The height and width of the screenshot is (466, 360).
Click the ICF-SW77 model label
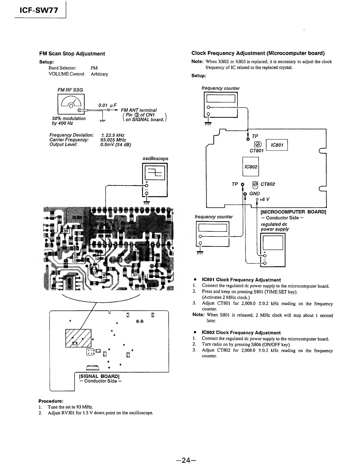pos(39,11)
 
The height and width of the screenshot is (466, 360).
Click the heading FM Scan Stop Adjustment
pos(72,54)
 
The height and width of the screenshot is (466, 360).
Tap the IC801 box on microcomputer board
pos(277,145)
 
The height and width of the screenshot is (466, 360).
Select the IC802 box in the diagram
pos(251,167)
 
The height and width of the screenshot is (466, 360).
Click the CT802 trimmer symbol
pos(255,185)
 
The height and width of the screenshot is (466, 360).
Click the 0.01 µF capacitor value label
pos(108,105)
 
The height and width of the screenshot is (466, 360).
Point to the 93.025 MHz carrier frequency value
pos(113,140)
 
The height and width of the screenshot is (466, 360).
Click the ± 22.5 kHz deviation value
pos(113,135)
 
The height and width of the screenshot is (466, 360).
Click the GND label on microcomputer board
pos(255,194)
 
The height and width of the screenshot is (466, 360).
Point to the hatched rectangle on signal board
pos(78,338)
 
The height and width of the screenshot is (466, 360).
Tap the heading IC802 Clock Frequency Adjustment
pos(241,333)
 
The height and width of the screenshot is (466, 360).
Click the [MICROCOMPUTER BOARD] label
pos(293,212)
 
